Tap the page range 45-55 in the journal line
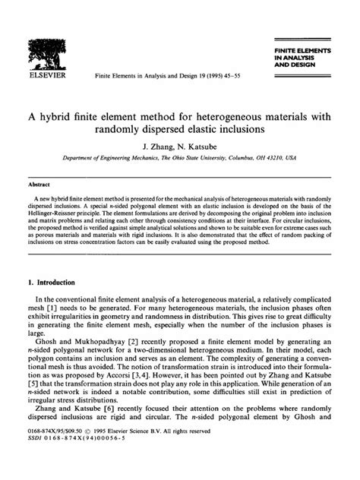pos(231,77)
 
